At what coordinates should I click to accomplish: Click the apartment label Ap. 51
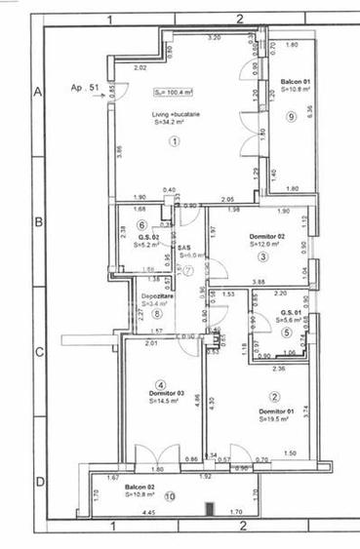click(x=87, y=87)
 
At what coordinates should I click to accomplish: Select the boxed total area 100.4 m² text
click(x=173, y=93)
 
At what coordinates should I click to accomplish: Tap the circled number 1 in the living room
click(x=176, y=141)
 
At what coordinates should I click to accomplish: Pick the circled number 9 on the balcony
click(x=291, y=117)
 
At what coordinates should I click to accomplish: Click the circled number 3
click(x=262, y=257)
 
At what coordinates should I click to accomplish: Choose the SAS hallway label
click(x=183, y=248)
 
